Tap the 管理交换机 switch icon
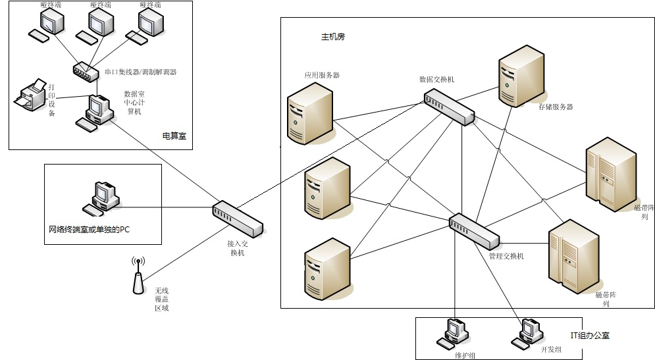coord(474,230)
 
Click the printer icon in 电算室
coord(30,97)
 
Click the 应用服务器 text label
coord(322,76)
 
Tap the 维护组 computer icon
coord(452,333)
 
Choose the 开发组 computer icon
coord(527,333)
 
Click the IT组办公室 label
coord(590,336)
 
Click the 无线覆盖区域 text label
coord(161,299)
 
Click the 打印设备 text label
coord(52,99)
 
